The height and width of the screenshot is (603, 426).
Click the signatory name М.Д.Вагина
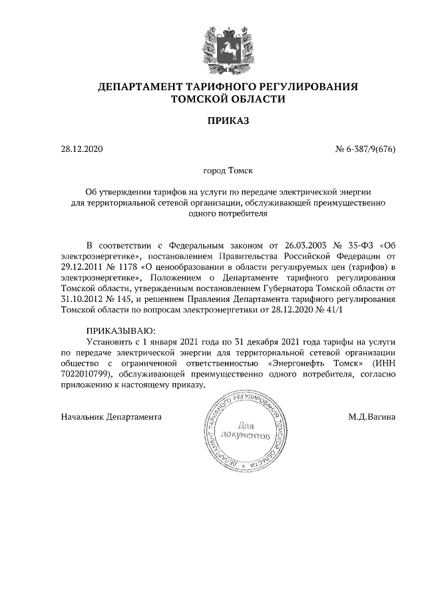click(372, 417)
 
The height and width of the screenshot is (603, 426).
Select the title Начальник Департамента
click(111, 417)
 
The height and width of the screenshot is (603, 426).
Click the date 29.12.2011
click(83, 267)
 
